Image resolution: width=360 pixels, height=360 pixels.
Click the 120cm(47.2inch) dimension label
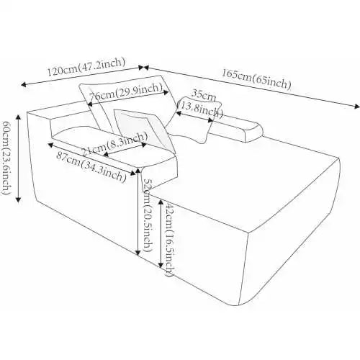86,67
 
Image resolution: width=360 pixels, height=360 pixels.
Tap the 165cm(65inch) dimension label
256,78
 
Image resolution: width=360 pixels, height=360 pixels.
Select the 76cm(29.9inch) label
125,93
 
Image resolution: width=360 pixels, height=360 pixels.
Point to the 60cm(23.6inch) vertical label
6,158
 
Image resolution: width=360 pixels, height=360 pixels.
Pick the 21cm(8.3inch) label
114,144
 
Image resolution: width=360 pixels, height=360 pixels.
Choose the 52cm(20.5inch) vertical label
148,215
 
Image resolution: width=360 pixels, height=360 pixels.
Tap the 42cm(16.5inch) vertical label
170,239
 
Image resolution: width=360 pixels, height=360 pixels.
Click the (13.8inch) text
199,109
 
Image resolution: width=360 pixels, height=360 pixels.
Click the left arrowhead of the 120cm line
24,84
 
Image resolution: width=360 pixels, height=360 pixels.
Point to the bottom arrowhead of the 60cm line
19,199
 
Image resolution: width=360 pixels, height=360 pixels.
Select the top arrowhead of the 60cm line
19,117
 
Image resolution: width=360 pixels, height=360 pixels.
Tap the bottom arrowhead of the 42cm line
161,264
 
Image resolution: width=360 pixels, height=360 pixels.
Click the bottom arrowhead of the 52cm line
138,252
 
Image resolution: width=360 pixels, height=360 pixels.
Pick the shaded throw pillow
143,127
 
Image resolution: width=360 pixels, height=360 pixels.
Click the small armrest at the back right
236,130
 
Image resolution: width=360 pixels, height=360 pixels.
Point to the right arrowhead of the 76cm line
166,92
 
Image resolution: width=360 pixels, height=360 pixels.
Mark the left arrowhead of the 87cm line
50,145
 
